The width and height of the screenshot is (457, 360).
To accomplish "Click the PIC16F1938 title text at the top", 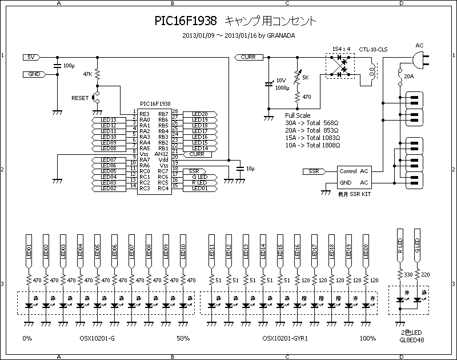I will point(186,21).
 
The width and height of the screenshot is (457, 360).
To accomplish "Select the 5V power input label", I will point(31,57).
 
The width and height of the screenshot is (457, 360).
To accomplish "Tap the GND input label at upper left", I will point(34,74).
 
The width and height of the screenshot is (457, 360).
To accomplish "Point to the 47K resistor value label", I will point(87,74).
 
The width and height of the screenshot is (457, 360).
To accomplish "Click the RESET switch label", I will point(80,98).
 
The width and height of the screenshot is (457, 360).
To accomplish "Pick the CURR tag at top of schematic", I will point(248,57).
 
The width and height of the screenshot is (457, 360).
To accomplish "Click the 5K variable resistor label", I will point(305,77).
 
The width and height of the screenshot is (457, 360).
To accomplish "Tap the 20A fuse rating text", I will point(408,76).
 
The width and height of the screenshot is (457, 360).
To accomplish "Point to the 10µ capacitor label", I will point(250,169).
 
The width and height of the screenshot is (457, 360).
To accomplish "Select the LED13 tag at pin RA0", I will point(109,120).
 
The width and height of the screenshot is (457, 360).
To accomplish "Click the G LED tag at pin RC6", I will point(199,177).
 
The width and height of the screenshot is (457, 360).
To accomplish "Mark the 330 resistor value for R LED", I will point(408,275).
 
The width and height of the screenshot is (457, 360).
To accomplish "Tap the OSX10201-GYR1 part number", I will point(285,338).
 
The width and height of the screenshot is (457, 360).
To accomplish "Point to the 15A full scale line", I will point(312,138).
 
